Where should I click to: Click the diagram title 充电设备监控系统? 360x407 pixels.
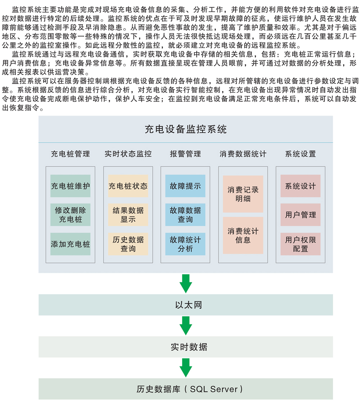click(185, 129)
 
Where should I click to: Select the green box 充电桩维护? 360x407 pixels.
click(70, 186)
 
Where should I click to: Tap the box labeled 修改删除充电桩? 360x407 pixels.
click(70, 215)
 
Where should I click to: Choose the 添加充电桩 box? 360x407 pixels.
click(70, 244)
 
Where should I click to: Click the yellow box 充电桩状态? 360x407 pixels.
click(128, 186)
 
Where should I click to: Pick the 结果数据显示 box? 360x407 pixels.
click(128, 215)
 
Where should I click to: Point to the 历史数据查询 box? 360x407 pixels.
click(128, 244)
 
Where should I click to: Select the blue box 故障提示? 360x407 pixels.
click(185, 186)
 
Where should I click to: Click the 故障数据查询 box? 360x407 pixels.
click(185, 215)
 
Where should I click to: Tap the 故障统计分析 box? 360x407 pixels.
click(185, 244)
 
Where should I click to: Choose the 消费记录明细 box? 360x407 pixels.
click(243, 194)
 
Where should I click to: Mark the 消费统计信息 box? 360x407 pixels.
click(243, 236)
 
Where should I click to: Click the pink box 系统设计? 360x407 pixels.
click(300, 186)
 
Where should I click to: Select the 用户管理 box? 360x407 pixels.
click(300, 215)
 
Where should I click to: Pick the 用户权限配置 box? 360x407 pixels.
click(300, 244)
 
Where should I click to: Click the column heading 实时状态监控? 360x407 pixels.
click(128, 154)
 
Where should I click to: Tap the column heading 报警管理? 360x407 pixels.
click(185, 154)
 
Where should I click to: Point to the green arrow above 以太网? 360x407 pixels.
click(186, 284)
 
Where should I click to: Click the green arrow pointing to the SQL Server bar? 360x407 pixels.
click(186, 368)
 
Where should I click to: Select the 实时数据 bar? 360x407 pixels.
click(186, 347)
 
